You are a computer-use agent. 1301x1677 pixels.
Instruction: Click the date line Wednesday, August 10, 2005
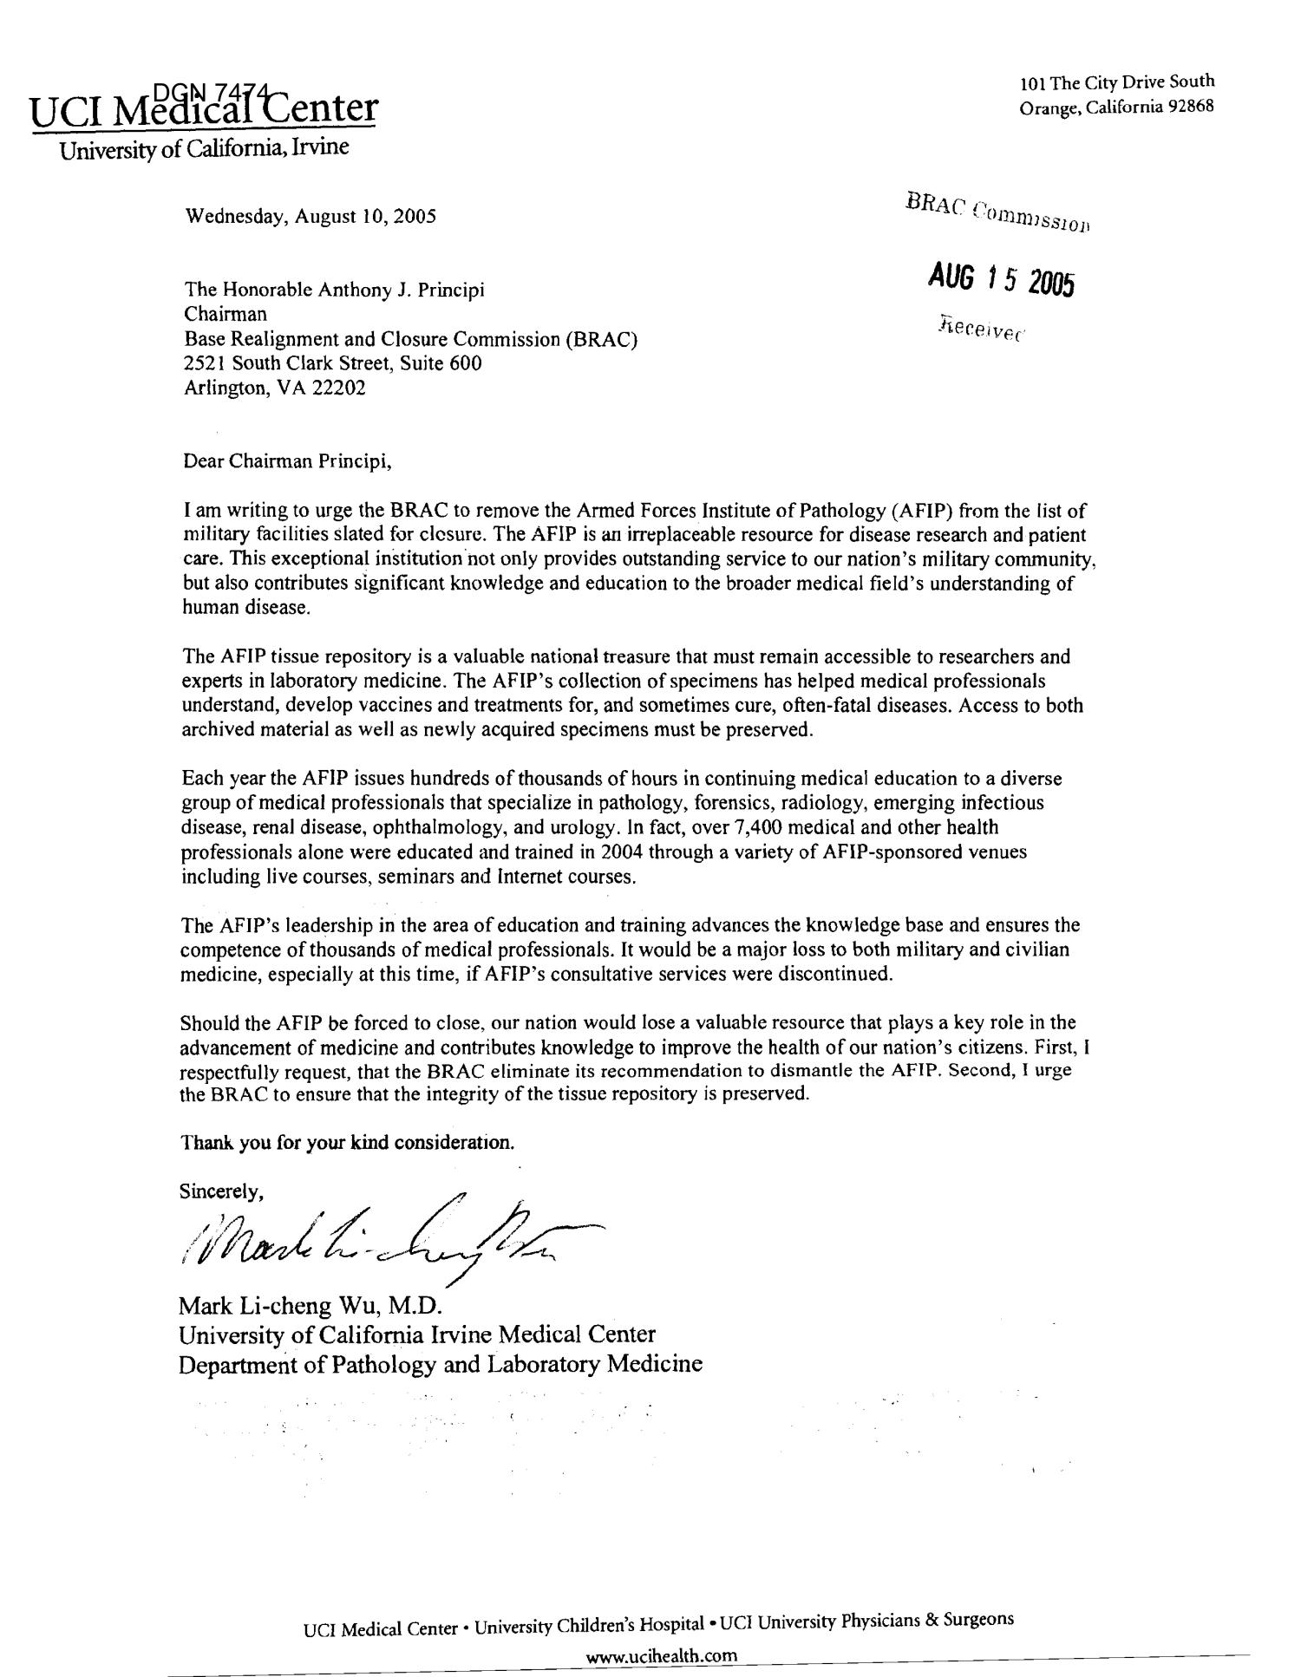pyautogui.click(x=311, y=216)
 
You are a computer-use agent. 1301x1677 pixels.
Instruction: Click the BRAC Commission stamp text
pyautogui.click(x=997, y=210)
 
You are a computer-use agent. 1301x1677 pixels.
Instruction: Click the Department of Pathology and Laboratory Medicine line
pyautogui.click(x=440, y=1364)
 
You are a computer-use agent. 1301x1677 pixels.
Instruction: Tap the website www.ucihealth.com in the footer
pyautogui.click(x=662, y=1655)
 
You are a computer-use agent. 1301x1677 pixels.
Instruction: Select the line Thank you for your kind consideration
pyautogui.click(x=347, y=1142)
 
